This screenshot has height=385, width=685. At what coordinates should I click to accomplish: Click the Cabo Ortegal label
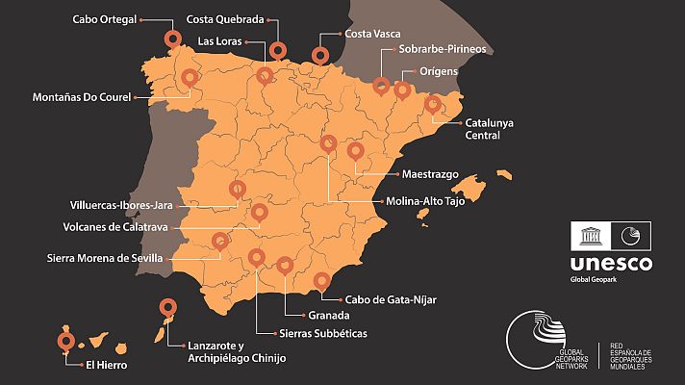point(106,17)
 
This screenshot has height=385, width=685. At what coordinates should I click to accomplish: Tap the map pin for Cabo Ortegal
point(173,39)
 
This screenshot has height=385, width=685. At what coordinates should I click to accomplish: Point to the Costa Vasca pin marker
point(320,55)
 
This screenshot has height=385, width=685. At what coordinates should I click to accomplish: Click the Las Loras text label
point(219,41)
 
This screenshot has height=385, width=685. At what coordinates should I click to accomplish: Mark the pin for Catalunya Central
point(433,103)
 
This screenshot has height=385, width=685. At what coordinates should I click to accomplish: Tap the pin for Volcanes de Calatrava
point(259,212)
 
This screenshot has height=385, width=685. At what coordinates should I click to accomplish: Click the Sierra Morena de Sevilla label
point(106,258)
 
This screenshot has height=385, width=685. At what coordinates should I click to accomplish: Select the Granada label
point(328,315)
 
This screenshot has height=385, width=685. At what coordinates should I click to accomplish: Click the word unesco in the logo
point(610,264)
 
